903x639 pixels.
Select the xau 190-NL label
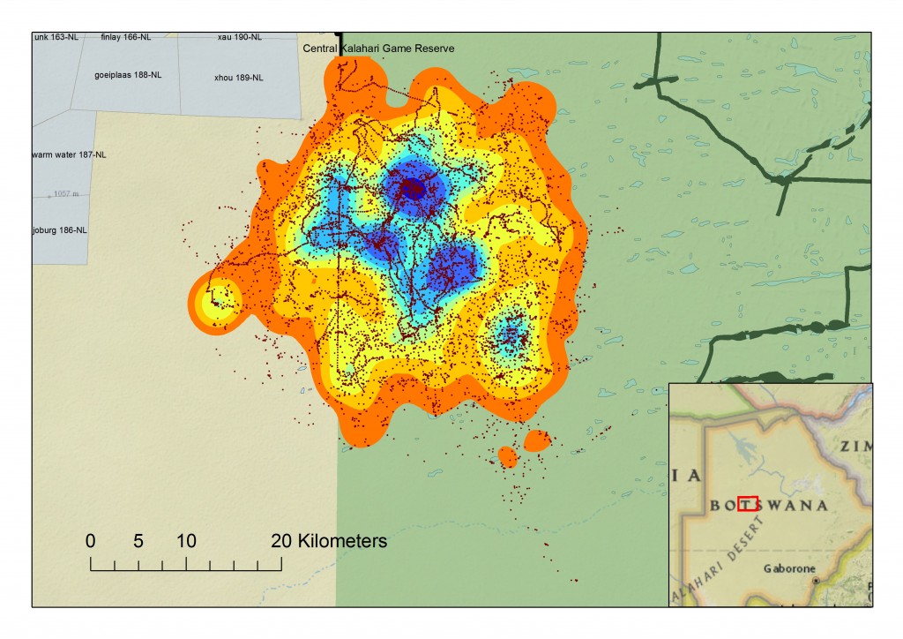point(240,37)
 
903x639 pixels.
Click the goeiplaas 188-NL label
point(128,75)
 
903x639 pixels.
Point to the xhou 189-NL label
point(238,78)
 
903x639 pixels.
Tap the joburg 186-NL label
point(60,229)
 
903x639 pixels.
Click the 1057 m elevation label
point(66,193)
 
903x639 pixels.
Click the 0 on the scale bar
point(91,541)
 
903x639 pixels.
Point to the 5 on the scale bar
point(138,541)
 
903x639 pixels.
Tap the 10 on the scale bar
point(185,541)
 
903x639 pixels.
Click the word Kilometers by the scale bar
point(342,541)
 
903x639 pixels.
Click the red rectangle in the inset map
point(748,504)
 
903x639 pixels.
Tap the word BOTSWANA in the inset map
point(769,506)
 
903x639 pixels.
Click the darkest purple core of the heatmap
point(413,188)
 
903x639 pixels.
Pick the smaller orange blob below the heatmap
point(507,456)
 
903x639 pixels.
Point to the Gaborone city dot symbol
point(816,581)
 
